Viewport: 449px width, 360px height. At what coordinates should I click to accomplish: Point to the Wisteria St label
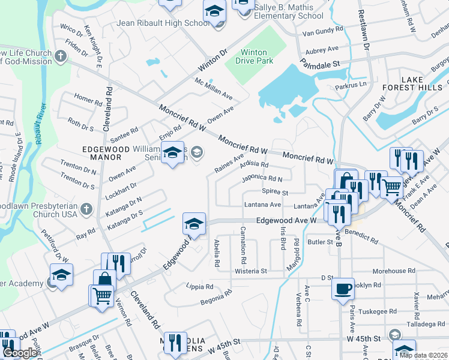pos(251,271)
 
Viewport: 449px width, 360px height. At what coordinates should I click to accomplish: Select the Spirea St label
pos(276,193)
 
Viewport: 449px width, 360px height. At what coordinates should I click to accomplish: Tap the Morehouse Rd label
pos(394,271)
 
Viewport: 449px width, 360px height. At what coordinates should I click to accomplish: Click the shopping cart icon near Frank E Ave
pos(392,187)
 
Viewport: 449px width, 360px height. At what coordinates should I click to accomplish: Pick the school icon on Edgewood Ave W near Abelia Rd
pos(194,224)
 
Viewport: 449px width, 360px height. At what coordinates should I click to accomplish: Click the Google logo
pos(20,353)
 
